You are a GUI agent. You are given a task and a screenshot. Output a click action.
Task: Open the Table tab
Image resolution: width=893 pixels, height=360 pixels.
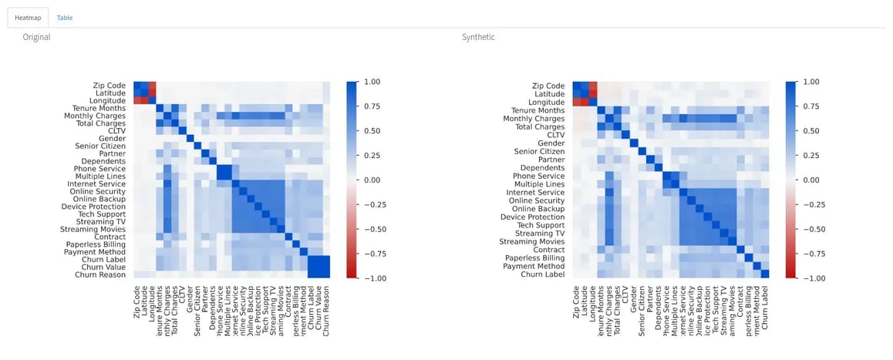65,17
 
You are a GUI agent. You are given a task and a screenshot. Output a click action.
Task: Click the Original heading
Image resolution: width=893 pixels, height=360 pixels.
36,37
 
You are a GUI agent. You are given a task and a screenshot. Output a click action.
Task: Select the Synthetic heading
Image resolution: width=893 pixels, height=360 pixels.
478,37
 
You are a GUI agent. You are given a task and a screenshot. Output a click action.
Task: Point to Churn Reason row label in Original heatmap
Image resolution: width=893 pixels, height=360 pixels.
102,274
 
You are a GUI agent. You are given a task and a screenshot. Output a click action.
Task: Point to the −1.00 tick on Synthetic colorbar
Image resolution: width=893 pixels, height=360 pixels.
809,278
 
